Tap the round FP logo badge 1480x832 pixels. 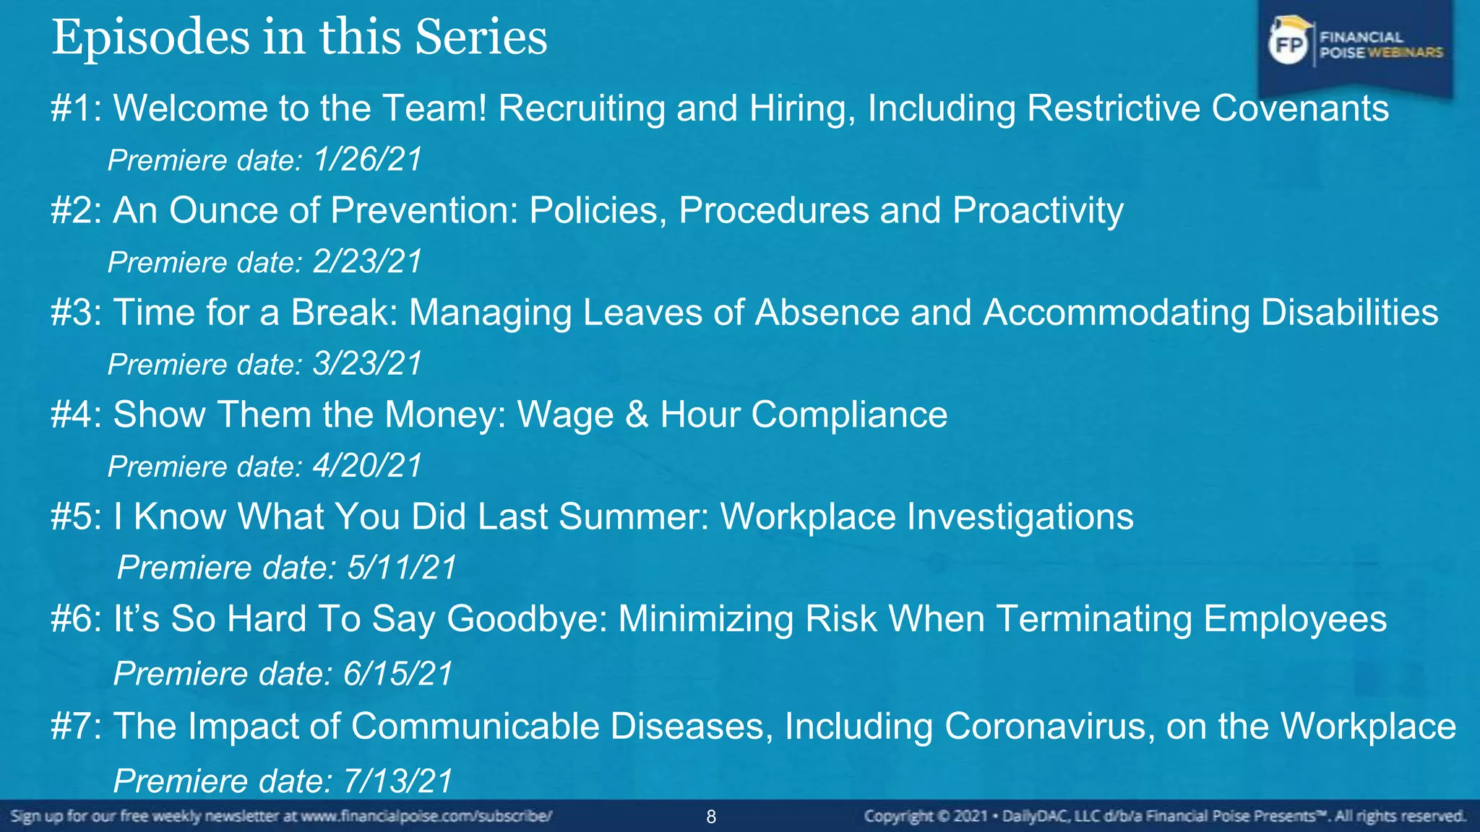(1288, 45)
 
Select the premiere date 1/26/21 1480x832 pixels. (367, 160)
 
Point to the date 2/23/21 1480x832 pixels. (367, 261)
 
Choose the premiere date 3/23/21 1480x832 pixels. (367, 364)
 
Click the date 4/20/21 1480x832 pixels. (367, 466)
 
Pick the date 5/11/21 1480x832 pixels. (402, 568)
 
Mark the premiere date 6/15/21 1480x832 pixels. (397, 674)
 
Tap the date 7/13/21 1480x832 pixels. (398, 781)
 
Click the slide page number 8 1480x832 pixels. (711, 817)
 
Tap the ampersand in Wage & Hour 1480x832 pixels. (637, 415)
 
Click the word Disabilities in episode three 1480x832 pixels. (1349, 313)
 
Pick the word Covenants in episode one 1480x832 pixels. (1299, 108)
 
